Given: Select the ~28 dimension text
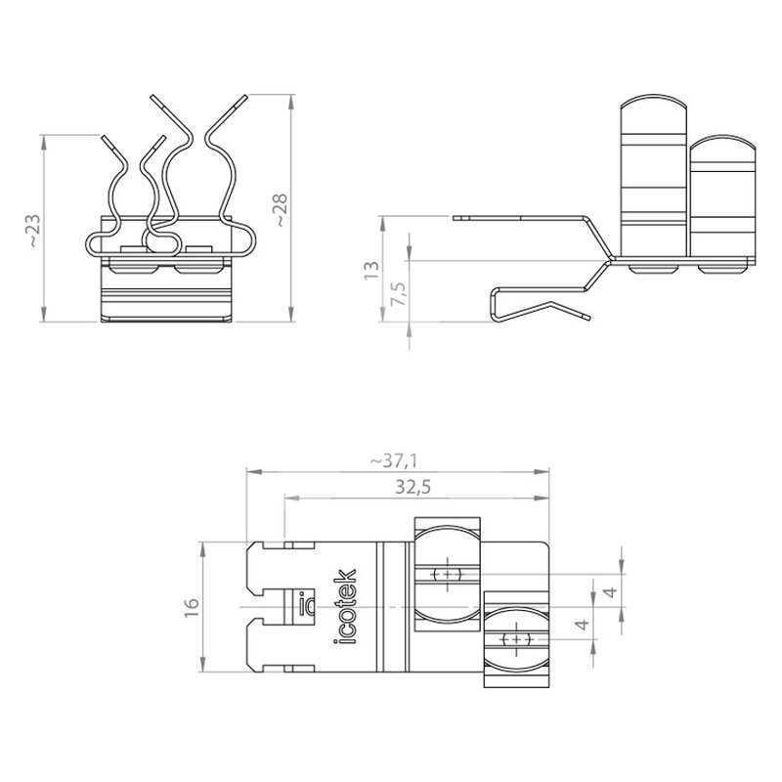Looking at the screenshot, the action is click(281, 210).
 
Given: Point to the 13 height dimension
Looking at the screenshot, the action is click(371, 270).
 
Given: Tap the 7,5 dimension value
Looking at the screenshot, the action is click(399, 294).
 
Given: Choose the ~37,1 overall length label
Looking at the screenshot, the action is click(394, 460).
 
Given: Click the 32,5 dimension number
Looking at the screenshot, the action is click(413, 487).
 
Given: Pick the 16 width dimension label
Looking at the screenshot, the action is click(192, 607).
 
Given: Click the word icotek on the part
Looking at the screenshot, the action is click(345, 606).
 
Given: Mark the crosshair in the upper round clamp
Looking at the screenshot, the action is click(448, 574).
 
